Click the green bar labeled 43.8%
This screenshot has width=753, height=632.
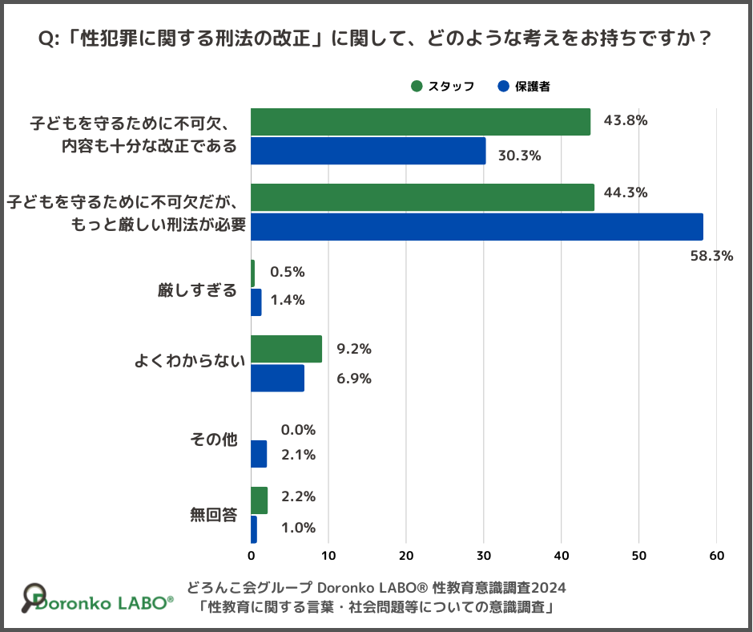(x=421, y=122)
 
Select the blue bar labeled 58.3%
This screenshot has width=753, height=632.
(x=477, y=227)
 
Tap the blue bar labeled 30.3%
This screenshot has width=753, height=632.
(x=368, y=151)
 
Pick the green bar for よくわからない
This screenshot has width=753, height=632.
(x=287, y=349)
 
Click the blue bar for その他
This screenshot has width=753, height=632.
(x=259, y=455)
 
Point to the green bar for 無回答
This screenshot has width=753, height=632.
(x=260, y=500)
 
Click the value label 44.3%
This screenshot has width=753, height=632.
(x=626, y=192)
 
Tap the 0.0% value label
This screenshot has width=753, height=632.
(x=298, y=430)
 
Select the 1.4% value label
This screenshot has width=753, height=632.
(x=288, y=300)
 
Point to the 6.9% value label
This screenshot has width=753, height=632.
(x=354, y=379)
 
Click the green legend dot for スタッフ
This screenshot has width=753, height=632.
(x=416, y=87)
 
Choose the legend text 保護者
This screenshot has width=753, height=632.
(x=532, y=87)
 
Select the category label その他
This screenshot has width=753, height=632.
(x=214, y=440)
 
